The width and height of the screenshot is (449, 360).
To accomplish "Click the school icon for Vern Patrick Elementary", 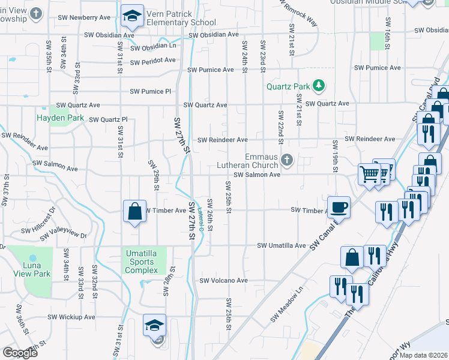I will tap(132, 17).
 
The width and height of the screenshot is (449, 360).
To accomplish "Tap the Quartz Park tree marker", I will tap(319, 86).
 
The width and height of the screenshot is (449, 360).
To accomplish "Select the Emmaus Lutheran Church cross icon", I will tap(287, 160).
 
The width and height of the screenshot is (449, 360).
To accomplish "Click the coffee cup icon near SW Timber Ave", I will tap(339, 206).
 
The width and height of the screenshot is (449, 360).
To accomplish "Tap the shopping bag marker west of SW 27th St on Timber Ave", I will tap(134, 211).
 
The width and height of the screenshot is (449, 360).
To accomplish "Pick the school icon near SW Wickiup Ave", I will tap(154, 325).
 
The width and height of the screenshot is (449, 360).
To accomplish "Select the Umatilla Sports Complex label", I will tap(140, 262).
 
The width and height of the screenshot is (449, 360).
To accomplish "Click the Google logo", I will tap(20, 353).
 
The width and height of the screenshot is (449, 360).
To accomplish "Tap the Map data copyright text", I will tap(423, 355).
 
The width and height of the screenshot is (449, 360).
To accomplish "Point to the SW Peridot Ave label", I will tap(152, 61).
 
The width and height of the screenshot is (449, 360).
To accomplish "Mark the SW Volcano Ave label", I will tap(223, 280).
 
